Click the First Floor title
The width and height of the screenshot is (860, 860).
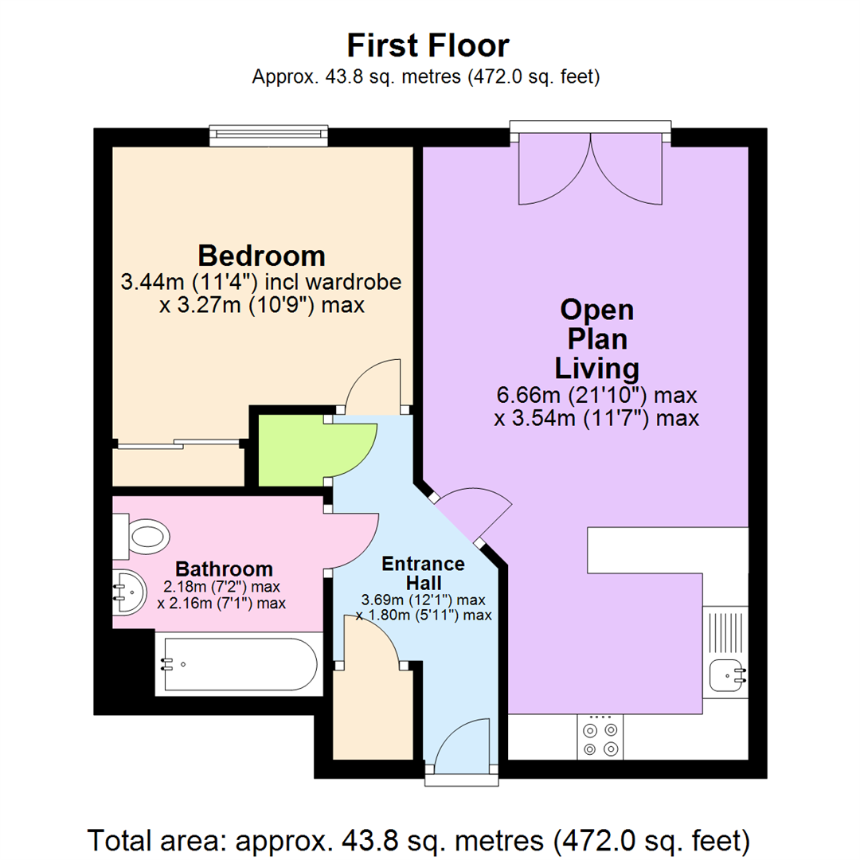pos(428,45)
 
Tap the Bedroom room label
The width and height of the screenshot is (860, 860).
pos(261,256)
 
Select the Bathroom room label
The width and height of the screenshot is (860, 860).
pos(224,569)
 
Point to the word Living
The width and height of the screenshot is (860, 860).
pos(597,369)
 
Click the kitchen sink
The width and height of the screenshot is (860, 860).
pos(727,674)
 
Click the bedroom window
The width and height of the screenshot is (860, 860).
pos(269,135)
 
